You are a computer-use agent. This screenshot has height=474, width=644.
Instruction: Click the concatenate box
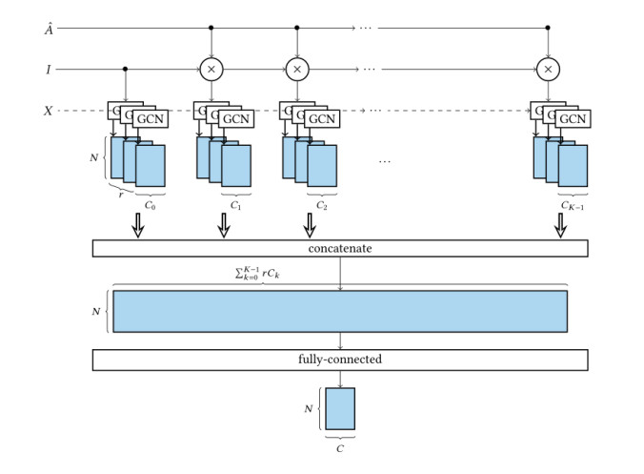coord(340,248)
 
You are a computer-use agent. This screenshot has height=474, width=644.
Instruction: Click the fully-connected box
coord(340,361)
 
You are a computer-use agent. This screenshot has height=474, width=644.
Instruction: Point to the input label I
coord(48,69)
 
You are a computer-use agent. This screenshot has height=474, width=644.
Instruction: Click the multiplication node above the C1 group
coord(211,69)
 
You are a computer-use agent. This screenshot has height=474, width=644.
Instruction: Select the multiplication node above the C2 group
coord(297,69)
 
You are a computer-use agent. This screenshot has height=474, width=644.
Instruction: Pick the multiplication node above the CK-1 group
coord(547,69)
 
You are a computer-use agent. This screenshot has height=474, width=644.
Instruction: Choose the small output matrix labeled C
coord(340,408)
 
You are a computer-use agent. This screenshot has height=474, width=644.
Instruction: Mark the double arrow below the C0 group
coord(137,225)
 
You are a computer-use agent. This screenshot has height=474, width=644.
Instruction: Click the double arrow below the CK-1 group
coord(560,225)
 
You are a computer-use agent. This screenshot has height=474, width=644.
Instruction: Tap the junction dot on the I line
coord(125,69)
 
